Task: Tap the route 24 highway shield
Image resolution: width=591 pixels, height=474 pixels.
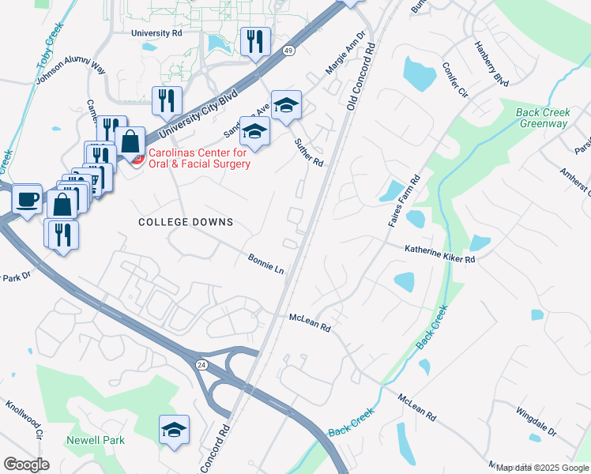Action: click(202, 364)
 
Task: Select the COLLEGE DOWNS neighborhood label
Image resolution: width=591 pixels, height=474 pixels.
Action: click(186, 222)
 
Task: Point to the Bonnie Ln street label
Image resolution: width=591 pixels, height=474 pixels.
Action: click(265, 264)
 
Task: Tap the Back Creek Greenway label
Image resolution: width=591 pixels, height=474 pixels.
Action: click(542, 118)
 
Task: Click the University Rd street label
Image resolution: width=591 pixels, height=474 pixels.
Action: click(156, 33)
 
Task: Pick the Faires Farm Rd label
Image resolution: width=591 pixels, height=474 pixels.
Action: click(403, 202)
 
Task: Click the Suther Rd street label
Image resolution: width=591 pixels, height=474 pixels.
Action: click(309, 151)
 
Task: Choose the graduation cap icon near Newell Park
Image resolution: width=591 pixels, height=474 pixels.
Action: click(174, 429)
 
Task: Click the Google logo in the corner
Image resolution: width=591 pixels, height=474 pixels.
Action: click(27, 465)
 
